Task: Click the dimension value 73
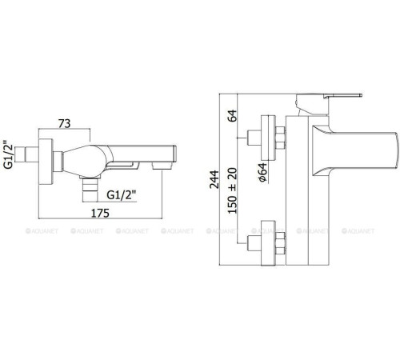tap(65, 123)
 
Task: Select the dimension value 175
tap(100, 213)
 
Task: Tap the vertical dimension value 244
tap(214, 179)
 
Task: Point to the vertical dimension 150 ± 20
tap(233, 190)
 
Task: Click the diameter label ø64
tap(262, 172)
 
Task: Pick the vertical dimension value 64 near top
tap(233, 116)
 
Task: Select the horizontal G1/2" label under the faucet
tap(122, 195)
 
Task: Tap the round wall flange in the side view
tap(46, 162)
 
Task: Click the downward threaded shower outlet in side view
tap(90, 189)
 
